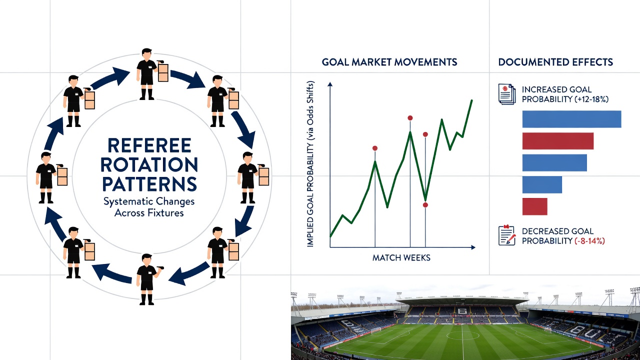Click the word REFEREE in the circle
click(x=149, y=145)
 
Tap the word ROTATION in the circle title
click(x=149, y=164)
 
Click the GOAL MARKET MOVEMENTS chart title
click(x=389, y=62)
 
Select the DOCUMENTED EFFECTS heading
click(x=555, y=62)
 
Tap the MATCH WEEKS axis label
click(x=401, y=257)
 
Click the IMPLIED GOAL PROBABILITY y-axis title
click(x=310, y=164)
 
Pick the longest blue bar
click(x=571, y=119)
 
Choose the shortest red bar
click(x=535, y=206)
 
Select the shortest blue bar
click(x=542, y=184)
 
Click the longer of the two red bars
click(x=558, y=141)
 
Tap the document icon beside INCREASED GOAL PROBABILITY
click(x=507, y=94)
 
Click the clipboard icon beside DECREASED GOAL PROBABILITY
click(x=507, y=235)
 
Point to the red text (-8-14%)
click(x=589, y=241)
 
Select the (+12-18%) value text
click(x=591, y=99)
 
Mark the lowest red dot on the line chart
click(x=425, y=205)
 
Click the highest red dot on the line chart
click(x=410, y=118)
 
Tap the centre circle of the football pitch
click(x=462, y=335)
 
